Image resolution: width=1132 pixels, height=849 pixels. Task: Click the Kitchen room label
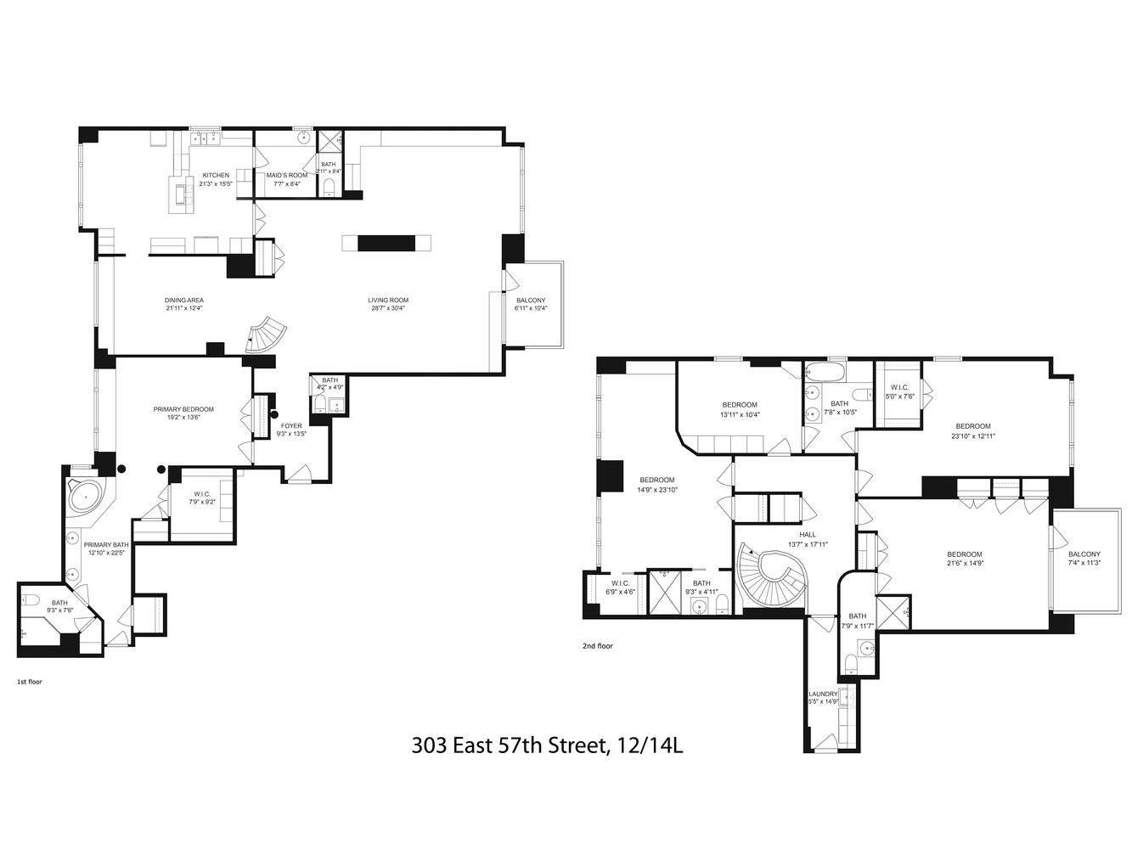pos(215,175)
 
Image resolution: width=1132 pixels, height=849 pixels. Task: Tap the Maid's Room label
pos(286,175)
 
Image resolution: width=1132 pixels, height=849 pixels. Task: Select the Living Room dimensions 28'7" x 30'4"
pos(387,309)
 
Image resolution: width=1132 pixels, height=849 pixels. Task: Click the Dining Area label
pos(184,300)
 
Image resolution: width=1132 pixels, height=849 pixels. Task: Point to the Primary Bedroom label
pos(183,409)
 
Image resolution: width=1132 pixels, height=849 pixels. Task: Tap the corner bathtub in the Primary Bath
pos(85,495)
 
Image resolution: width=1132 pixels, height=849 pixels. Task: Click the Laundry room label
pos(823,694)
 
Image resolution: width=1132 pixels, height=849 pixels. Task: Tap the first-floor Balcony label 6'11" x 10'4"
pos(531,300)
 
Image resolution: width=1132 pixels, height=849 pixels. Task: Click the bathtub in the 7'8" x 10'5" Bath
pos(822,372)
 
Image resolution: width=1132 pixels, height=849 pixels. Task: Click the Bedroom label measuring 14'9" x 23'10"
pos(656,480)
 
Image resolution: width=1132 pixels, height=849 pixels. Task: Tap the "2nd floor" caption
pos(597,646)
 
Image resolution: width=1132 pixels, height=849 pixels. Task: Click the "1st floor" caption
pos(29,682)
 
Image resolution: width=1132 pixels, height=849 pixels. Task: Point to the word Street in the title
pos(571,745)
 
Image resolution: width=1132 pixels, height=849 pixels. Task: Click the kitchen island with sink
pos(180,193)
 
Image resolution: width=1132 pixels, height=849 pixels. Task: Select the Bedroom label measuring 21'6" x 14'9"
pos(964,554)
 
